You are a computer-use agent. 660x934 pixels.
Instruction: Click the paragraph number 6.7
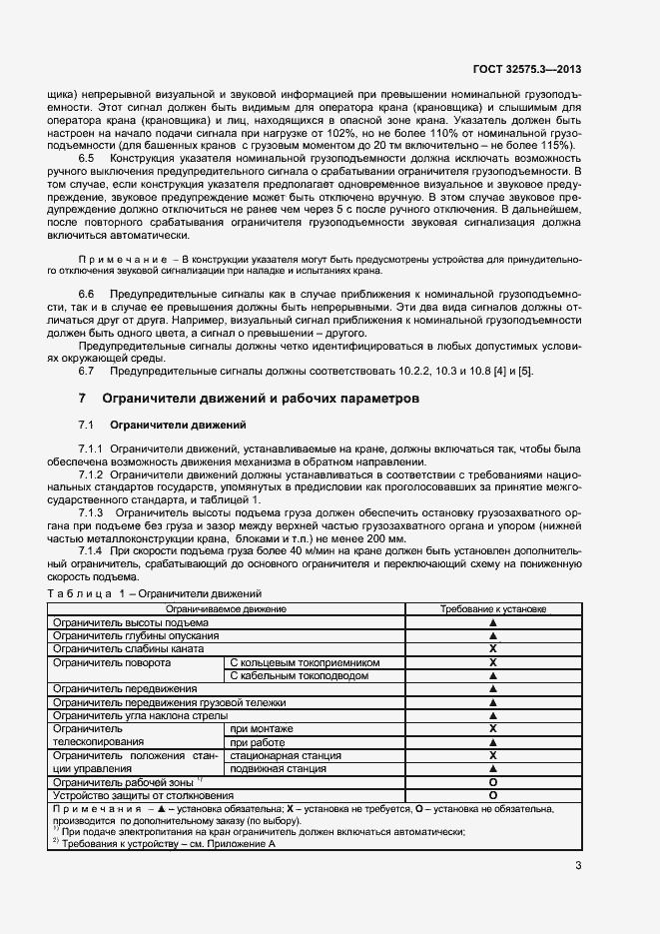pyautogui.click(x=86, y=372)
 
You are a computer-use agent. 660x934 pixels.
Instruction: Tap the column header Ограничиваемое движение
pyautogui.click(x=227, y=608)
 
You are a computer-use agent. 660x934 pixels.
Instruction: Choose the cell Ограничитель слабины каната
pyautogui.click(x=121, y=648)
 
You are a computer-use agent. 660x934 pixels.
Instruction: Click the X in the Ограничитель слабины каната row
pyautogui.click(x=492, y=648)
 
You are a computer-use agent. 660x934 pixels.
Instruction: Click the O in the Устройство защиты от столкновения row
pyautogui.click(x=492, y=796)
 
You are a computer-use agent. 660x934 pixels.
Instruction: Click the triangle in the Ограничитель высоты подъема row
pyautogui.click(x=492, y=622)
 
